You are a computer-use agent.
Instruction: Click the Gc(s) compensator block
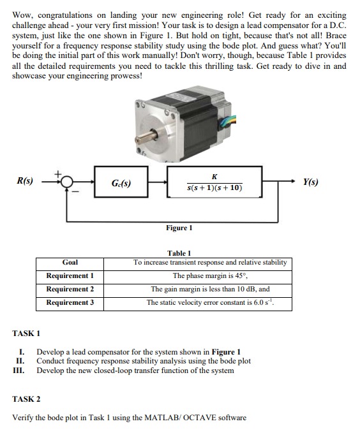click(121, 182)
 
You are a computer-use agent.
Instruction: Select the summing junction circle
click(66, 182)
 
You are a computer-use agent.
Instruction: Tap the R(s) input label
click(25, 181)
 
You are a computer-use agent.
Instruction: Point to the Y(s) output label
click(310, 182)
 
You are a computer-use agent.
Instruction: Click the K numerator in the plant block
click(214, 177)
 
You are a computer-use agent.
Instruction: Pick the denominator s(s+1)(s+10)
click(214, 188)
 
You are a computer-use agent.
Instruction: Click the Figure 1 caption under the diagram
click(179, 228)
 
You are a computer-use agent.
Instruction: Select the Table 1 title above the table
click(179, 253)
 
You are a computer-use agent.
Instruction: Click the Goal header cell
click(70, 262)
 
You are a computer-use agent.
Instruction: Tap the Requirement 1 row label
click(70, 275)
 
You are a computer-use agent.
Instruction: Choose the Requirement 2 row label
click(70, 289)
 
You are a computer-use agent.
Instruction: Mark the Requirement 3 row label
click(70, 302)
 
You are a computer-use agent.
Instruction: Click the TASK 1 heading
click(26, 334)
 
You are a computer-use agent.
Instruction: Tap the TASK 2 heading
click(26, 399)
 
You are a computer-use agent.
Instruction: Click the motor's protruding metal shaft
click(146, 136)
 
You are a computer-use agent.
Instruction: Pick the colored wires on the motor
click(228, 122)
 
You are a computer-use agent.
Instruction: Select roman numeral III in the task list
click(19, 371)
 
